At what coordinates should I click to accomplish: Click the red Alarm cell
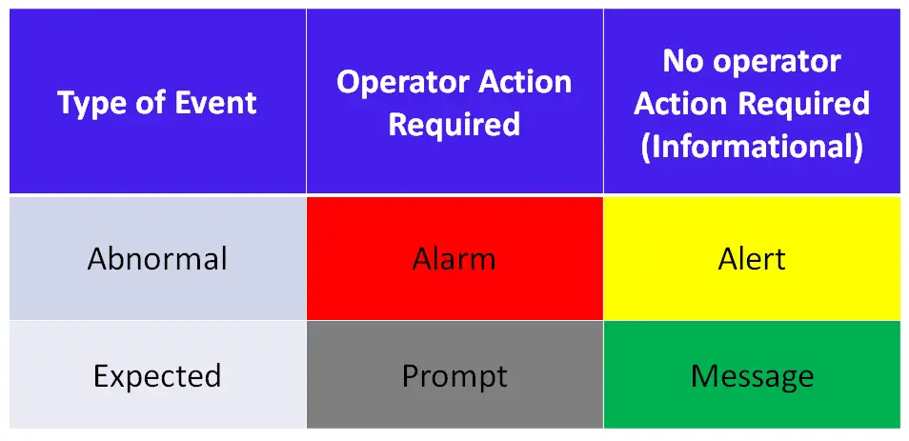454,258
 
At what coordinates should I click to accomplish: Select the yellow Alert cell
752,258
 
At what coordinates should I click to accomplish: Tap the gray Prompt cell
454,374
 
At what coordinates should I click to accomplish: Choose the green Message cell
752,374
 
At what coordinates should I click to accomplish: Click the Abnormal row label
157,258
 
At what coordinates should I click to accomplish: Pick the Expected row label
157,376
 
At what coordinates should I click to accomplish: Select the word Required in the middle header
454,125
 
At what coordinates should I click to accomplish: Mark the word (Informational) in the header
752,147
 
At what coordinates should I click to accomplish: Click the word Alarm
454,258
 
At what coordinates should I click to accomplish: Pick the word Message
752,376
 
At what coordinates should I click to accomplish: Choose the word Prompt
454,376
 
